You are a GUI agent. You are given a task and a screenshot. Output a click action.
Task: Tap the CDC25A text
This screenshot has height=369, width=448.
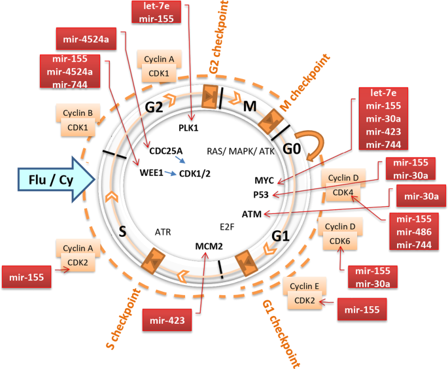coord(165,150)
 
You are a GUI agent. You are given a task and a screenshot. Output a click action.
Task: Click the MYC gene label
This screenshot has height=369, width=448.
coord(265,180)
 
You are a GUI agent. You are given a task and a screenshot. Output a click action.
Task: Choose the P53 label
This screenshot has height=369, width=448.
coord(262,194)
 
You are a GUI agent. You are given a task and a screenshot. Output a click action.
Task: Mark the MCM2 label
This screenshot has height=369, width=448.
coord(209,247)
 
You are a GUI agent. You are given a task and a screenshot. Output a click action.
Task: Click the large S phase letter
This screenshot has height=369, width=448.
coord(122,230)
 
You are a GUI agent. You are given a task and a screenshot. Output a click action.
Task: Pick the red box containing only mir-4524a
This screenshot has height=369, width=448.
coord(86,39)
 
